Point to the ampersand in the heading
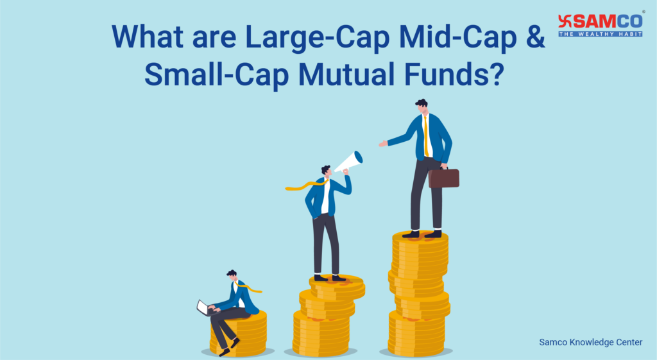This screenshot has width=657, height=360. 534,37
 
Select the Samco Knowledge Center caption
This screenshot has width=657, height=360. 590,343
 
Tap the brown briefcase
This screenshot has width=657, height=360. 443,178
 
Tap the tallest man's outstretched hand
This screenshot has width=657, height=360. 383,144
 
